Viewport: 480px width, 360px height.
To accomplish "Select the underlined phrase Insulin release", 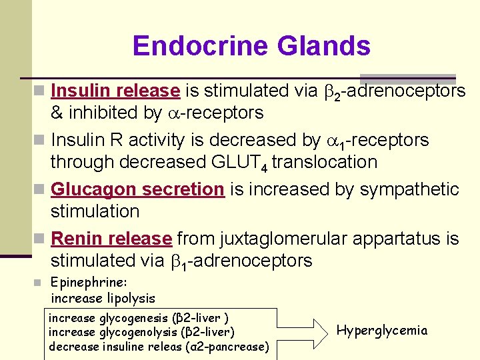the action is click(x=115, y=91).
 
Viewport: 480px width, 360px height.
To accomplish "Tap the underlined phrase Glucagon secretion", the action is click(x=137, y=189).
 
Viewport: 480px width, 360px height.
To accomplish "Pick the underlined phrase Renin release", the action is click(x=111, y=238).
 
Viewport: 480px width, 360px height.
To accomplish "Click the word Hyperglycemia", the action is click(x=382, y=330).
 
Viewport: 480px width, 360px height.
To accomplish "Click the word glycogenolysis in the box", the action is click(x=141, y=331).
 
